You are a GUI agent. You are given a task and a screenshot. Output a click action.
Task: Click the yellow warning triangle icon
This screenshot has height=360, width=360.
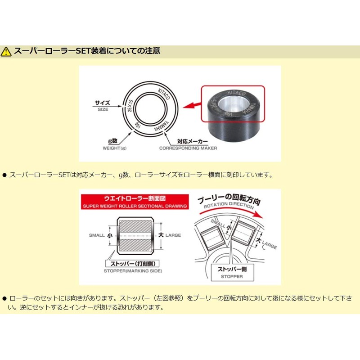[x=6, y=51]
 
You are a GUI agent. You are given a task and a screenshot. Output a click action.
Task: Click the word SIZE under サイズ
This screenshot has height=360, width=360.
[x=103, y=109]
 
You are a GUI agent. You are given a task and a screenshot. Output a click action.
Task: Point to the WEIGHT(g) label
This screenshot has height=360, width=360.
[x=115, y=148]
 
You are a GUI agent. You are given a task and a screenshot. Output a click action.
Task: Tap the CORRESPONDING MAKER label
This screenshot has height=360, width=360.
[x=188, y=148]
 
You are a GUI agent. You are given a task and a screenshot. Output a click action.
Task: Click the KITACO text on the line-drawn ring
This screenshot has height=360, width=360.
[x=164, y=94]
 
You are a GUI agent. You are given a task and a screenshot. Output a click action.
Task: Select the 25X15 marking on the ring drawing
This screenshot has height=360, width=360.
[x=130, y=106]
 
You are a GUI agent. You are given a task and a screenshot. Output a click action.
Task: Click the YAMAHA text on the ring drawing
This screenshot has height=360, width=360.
[x=162, y=126]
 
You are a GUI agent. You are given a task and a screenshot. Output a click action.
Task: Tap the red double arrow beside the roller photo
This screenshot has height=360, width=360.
[x=192, y=105]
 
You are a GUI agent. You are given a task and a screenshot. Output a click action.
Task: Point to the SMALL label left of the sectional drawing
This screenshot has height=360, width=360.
[x=97, y=235]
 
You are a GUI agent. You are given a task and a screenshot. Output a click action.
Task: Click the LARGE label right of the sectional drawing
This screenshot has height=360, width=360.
[x=173, y=235]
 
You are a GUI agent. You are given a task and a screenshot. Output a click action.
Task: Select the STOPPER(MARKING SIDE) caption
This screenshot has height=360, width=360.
[x=133, y=271]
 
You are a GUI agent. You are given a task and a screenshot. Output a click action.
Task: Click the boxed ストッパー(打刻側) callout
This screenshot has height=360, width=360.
[x=132, y=264]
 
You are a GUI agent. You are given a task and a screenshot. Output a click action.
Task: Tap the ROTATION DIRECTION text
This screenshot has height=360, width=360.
[x=229, y=205]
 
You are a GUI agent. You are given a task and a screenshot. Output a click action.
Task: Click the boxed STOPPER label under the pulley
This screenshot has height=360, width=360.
[x=232, y=273]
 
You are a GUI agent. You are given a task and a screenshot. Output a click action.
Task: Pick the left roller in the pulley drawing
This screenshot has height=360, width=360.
[x=212, y=238]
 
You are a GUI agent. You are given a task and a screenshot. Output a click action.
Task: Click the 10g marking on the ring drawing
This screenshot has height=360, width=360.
[x=138, y=126]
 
